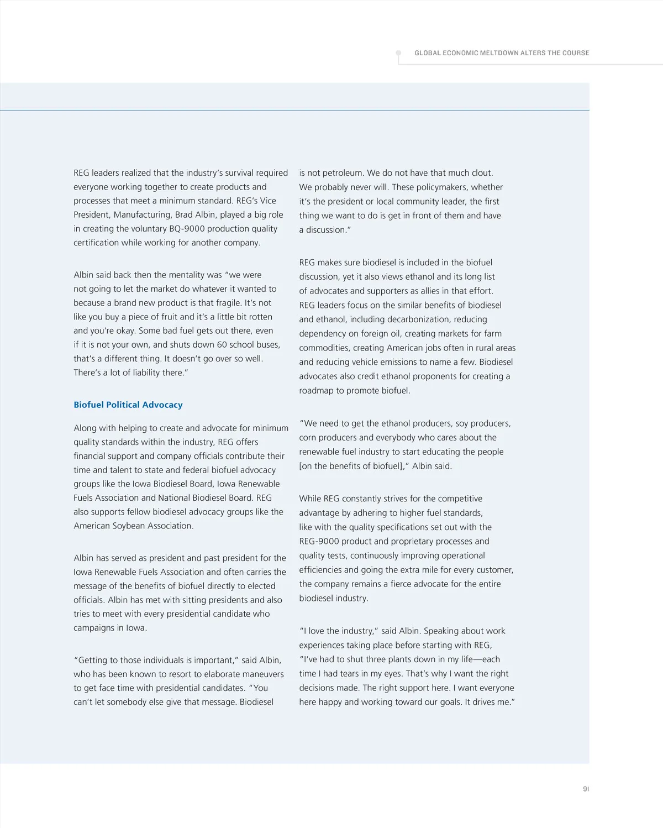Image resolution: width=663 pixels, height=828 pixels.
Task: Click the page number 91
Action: [x=586, y=789]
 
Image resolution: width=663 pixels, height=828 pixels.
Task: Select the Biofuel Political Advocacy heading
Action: [x=128, y=405]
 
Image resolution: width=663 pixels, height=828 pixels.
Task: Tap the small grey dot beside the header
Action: [x=398, y=54]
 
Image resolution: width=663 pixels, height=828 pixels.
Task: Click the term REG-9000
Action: [x=319, y=541]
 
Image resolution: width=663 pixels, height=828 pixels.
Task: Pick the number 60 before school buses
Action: [x=221, y=344]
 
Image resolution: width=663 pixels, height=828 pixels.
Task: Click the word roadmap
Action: [x=317, y=390]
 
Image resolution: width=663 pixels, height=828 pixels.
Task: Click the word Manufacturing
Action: [x=143, y=214]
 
